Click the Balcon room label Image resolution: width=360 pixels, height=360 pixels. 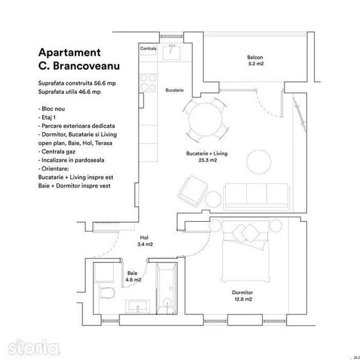point(256,61)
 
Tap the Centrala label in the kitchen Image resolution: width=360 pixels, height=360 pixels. point(148,49)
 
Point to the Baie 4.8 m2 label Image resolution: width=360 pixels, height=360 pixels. point(134,276)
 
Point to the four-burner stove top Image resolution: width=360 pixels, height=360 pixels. point(149,83)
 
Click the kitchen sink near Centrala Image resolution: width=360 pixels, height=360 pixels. point(171,53)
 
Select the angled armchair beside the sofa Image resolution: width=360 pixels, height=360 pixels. point(191,190)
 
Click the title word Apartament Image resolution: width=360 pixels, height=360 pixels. point(70,53)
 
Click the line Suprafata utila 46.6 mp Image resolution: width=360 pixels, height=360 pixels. point(71,93)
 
